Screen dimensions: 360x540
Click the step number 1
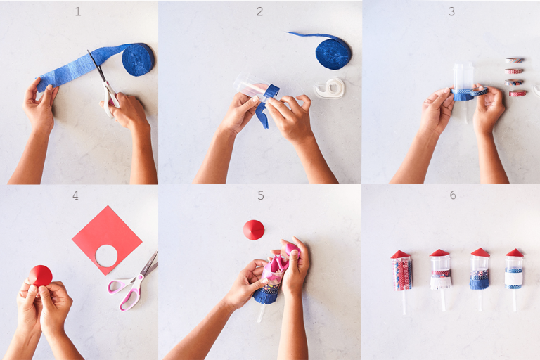(x=78, y=12)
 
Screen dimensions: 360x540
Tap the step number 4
(x=75, y=195)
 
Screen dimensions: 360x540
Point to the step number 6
(x=452, y=195)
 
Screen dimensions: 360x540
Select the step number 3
(x=451, y=12)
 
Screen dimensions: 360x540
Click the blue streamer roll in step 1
(x=138, y=60)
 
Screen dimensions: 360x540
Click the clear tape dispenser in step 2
(x=329, y=89)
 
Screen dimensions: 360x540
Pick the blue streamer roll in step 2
(x=333, y=53)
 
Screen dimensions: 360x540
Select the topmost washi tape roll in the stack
(x=514, y=60)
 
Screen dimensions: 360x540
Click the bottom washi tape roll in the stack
(x=517, y=93)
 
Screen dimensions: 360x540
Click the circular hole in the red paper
(x=107, y=255)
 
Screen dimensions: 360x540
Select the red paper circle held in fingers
(x=41, y=275)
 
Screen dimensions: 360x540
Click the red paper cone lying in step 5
(x=253, y=230)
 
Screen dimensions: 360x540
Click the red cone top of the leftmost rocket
(x=401, y=254)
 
